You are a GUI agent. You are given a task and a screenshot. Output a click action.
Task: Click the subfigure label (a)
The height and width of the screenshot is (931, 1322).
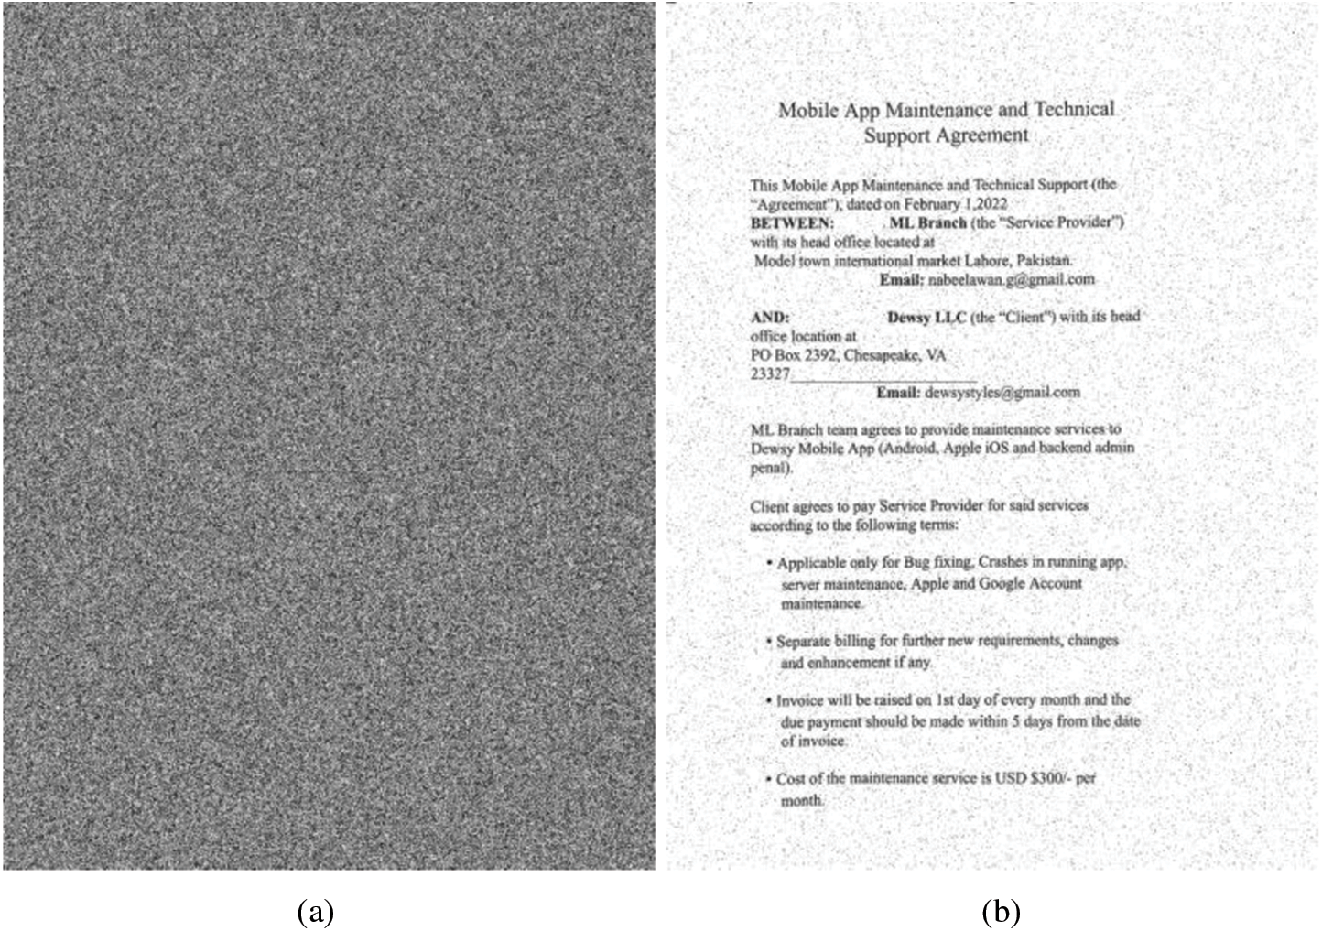(316, 912)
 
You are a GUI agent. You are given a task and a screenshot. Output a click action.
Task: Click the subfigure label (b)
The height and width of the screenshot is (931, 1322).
(1000, 912)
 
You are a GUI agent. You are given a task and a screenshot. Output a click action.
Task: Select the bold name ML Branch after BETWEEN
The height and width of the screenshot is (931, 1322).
(927, 222)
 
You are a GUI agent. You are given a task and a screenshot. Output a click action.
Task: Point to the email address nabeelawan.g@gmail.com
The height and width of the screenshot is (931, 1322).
(1012, 279)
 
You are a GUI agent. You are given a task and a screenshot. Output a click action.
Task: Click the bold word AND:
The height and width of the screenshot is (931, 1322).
(769, 317)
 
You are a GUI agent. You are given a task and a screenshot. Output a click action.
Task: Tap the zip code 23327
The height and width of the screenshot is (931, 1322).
(770, 374)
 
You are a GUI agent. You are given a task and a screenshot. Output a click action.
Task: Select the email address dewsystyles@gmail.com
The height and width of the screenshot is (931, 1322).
(1002, 392)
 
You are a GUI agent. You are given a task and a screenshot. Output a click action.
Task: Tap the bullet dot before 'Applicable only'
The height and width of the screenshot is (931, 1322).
(769, 561)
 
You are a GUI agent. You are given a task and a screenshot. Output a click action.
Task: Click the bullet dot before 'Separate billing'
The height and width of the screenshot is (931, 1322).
(769, 640)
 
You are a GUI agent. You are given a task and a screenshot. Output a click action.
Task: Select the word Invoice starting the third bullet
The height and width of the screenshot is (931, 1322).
(799, 700)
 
